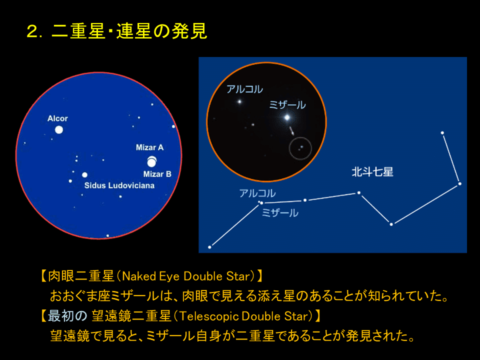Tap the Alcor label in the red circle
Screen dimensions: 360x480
coord(57,118)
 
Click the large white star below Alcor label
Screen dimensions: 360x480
coord(59,130)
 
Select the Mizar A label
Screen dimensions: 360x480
coord(149,147)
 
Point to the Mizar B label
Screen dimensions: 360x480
coord(157,174)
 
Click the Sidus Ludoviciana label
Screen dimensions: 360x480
coord(119,185)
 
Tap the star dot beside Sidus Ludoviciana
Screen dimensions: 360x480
coord(84,175)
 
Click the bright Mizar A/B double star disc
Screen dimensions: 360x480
coord(151,162)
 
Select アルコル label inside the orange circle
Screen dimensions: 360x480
coord(244,89)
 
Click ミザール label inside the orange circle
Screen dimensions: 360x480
coord(287,105)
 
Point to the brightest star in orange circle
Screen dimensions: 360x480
coord(287,117)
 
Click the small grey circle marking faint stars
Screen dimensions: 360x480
coord(300,148)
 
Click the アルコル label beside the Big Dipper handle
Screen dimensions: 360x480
coord(257,193)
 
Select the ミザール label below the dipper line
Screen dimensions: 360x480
coord(280,213)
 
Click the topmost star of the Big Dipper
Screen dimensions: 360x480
coord(442,132)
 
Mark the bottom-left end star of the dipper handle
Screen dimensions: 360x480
coord(209,247)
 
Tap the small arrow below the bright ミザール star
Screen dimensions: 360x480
coord(291,131)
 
